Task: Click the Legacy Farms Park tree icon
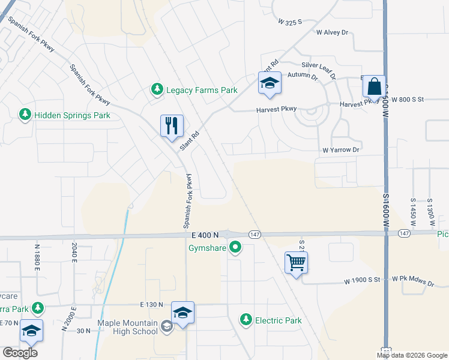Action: (x=157, y=89)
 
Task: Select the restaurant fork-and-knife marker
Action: (x=171, y=126)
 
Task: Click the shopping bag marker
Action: (x=374, y=86)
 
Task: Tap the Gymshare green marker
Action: (x=236, y=247)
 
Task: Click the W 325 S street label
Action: (x=289, y=21)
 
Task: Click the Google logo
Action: (x=20, y=353)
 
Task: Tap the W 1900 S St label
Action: (x=363, y=280)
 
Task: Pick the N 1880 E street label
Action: (x=37, y=253)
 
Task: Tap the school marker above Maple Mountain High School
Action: (x=182, y=313)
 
